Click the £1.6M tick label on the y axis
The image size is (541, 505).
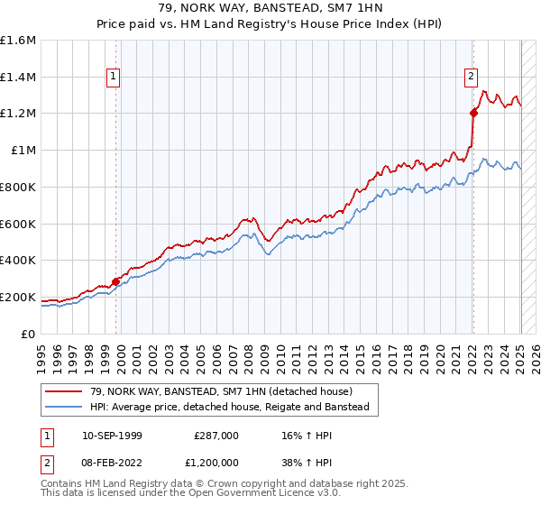[18, 41]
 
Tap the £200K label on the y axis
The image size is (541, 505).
[18, 297]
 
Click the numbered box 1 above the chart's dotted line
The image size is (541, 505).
[114, 78]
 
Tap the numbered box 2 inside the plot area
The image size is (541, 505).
[471, 78]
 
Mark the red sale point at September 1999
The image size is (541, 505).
[116, 281]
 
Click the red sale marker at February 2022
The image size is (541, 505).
[473, 113]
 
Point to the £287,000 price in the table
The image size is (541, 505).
[216, 435]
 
